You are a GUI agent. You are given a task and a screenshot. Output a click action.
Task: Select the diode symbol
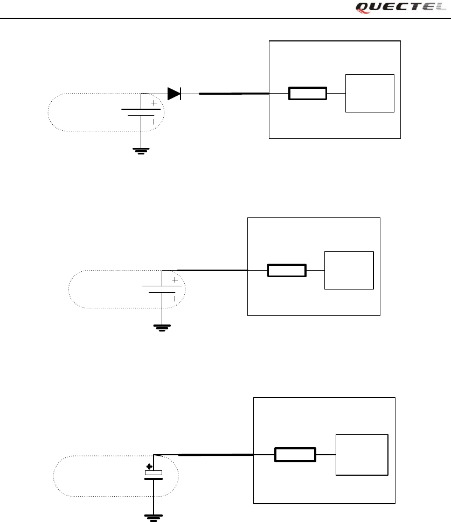pyautogui.click(x=174, y=94)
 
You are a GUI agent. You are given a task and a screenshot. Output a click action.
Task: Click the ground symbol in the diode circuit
pyautogui.click(x=141, y=150)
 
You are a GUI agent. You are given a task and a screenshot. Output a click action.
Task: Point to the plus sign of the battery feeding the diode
pyautogui.click(x=154, y=102)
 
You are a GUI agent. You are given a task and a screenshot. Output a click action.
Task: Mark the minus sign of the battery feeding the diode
pyautogui.click(x=154, y=122)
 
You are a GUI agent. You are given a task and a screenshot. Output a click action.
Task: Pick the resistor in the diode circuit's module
pyautogui.click(x=308, y=94)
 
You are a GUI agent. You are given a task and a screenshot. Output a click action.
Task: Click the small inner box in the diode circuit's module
pyautogui.click(x=370, y=93)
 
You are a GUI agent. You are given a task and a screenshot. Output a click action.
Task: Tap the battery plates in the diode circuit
pyautogui.click(x=141, y=112)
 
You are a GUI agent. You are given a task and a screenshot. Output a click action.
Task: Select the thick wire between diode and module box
pyautogui.click(x=234, y=94)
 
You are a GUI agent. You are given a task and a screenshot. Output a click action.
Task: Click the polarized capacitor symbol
pyautogui.click(x=154, y=474)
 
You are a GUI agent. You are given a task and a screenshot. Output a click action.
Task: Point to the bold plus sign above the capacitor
pyautogui.click(x=149, y=467)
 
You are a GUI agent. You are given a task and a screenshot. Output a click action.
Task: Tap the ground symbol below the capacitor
pyautogui.click(x=154, y=517)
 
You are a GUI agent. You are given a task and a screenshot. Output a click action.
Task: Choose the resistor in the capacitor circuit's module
pyautogui.click(x=295, y=455)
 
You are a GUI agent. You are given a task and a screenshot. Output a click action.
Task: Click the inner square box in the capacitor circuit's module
pyautogui.click(x=362, y=455)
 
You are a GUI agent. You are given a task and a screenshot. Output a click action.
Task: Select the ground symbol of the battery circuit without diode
pyautogui.click(x=162, y=327)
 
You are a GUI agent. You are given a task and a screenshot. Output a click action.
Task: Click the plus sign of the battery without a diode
pyautogui.click(x=175, y=280)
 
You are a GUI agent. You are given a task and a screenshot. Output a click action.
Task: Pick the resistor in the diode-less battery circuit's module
pyautogui.click(x=287, y=270)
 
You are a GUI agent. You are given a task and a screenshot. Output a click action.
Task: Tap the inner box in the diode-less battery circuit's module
pyautogui.click(x=349, y=270)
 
